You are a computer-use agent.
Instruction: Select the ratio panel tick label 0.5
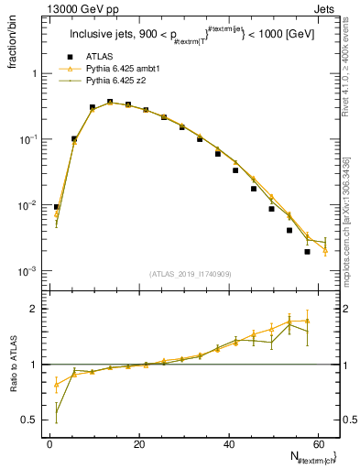(x=31, y=420)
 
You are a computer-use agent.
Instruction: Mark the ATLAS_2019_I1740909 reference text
(x=191, y=274)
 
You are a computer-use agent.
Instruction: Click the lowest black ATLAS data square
(x=307, y=251)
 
